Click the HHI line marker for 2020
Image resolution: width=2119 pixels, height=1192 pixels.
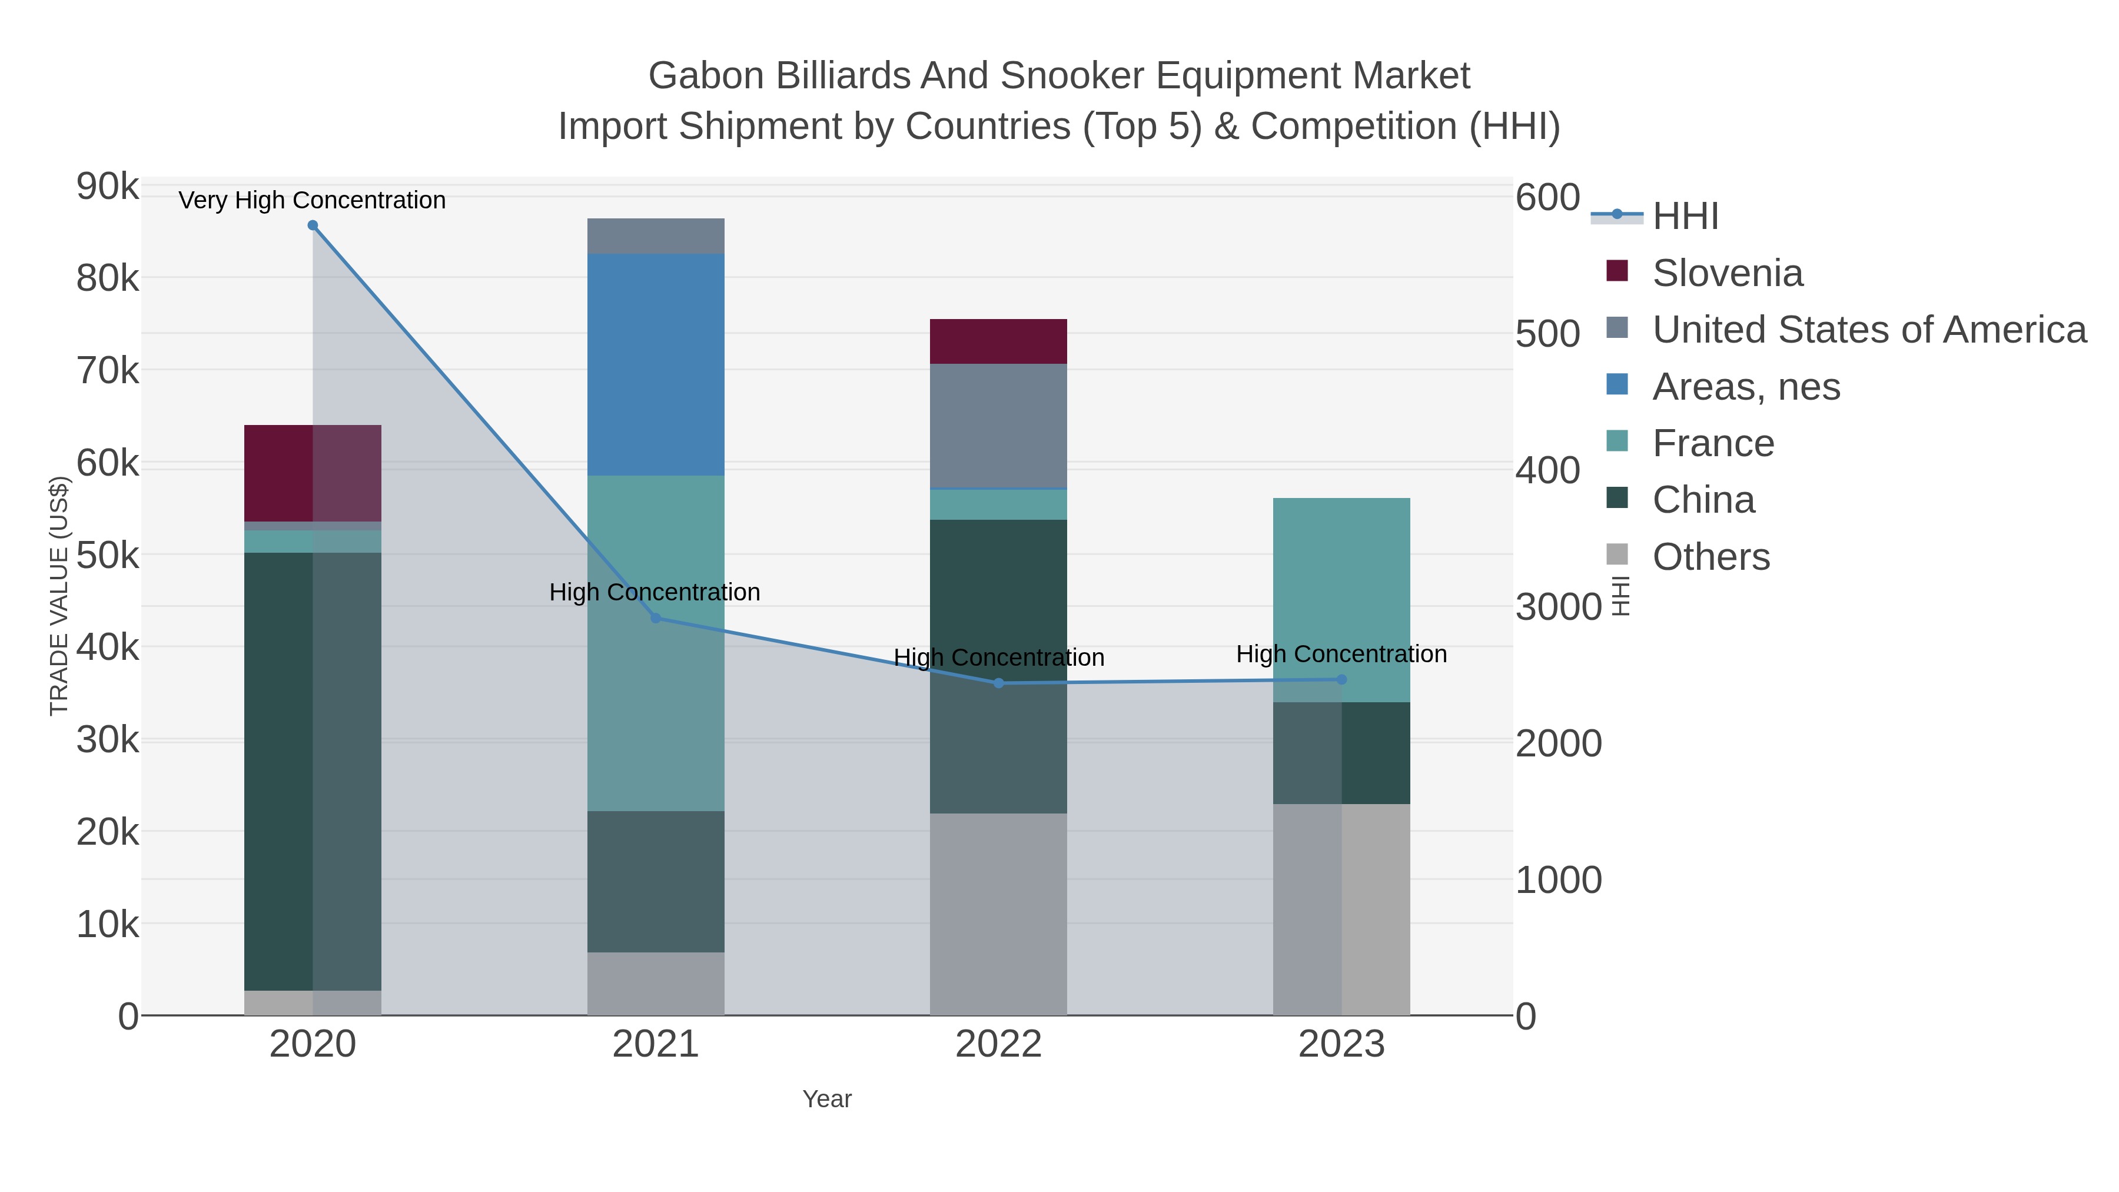pos(313,225)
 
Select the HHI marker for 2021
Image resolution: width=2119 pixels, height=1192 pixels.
pos(656,618)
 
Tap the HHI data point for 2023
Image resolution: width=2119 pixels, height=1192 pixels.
pos(1341,679)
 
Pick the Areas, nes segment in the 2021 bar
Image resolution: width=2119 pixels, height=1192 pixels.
pos(656,364)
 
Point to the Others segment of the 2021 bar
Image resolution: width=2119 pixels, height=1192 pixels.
pos(656,984)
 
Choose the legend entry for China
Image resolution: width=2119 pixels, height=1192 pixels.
pos(1703,500)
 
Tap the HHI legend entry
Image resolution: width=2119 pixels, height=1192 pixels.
pos(1685,217)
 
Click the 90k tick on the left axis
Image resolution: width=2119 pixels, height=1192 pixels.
pos(108,187)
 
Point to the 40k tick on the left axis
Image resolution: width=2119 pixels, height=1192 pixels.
pos(108,648)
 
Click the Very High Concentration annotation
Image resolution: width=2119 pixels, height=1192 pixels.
pos(312,200)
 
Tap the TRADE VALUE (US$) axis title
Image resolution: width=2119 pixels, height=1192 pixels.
pos(59,596)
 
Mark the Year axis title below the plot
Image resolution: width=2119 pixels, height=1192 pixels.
pos(827,1099)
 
